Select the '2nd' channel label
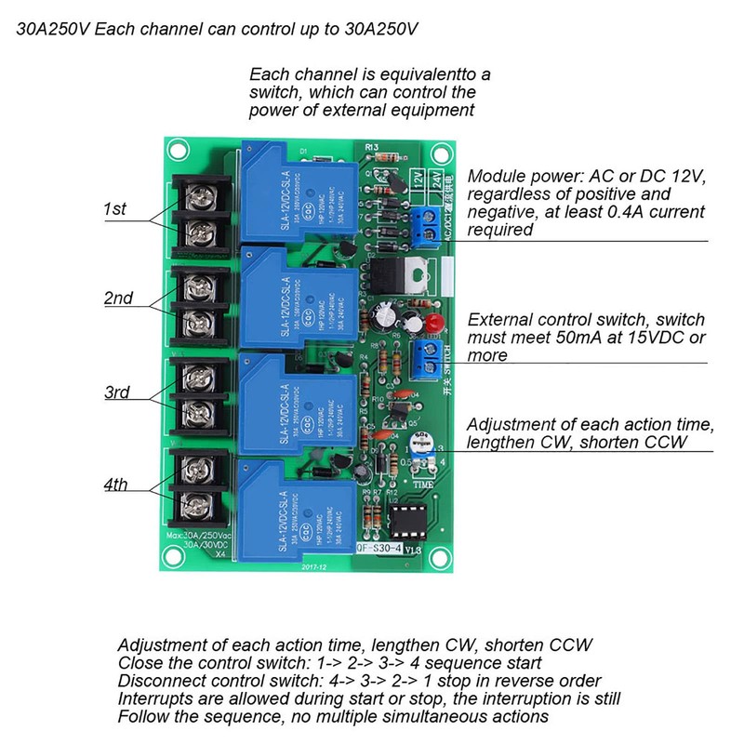point(118,299)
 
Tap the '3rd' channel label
point(115,392)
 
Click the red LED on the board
point(432,321)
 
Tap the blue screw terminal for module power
point(429,221)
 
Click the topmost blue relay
point(298,190)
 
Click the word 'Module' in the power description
point(494,177)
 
